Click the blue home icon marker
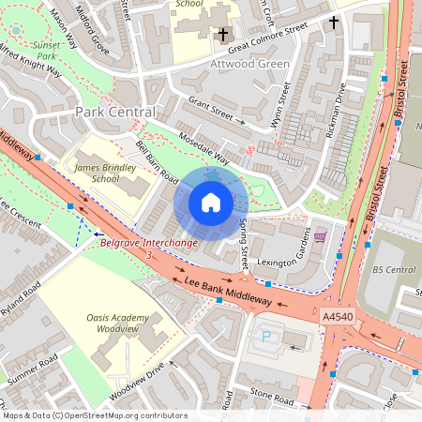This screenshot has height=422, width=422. tap(211, 203)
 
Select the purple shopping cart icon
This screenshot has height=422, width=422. tap(320, 237)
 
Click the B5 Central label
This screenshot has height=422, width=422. tap(393, 269)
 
